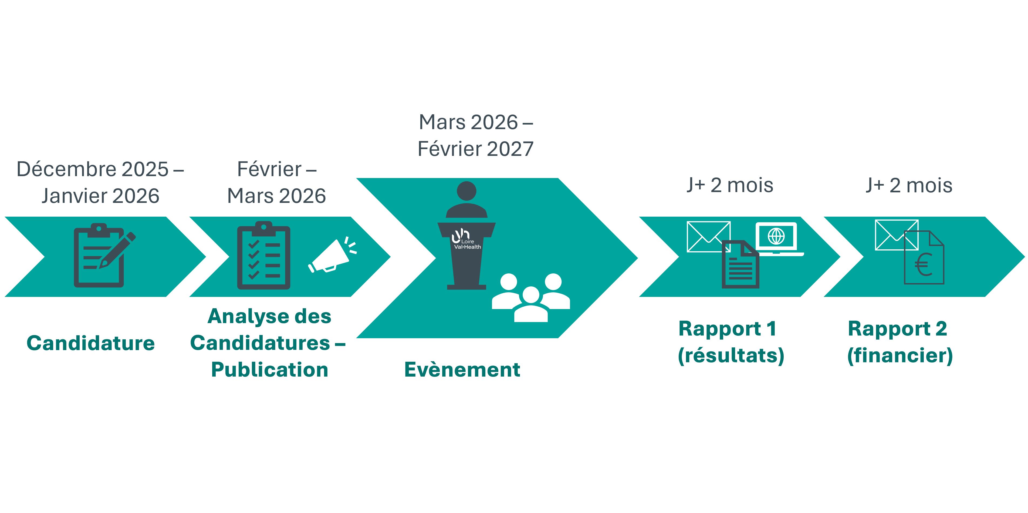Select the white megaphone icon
331,256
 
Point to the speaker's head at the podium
466,191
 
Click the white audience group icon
531,297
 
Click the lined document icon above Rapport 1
740,265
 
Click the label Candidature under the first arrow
91,343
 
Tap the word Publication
270,369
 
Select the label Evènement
462,369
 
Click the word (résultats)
731,355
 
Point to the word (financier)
900,355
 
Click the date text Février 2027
476,149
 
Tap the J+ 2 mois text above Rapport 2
909,185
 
